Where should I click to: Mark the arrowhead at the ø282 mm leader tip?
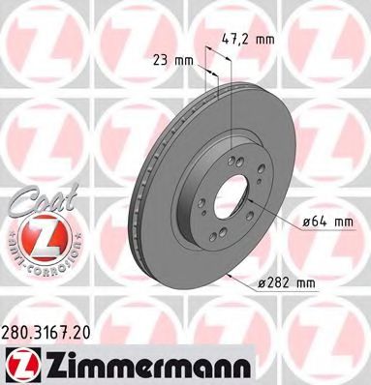click(226, 275)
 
